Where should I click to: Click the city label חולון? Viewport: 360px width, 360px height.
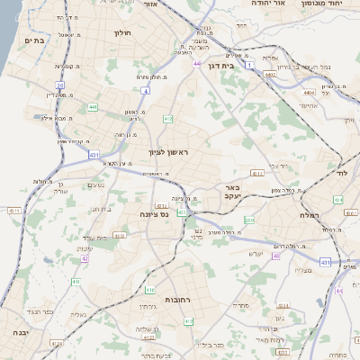coord(122,33)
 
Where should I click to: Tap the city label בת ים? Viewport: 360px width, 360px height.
coord(35,40)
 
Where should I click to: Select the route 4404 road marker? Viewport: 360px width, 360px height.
coord(309,92)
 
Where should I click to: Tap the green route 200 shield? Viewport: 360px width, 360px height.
coord(249,220)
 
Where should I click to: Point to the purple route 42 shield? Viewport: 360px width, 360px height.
coord(85,258)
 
